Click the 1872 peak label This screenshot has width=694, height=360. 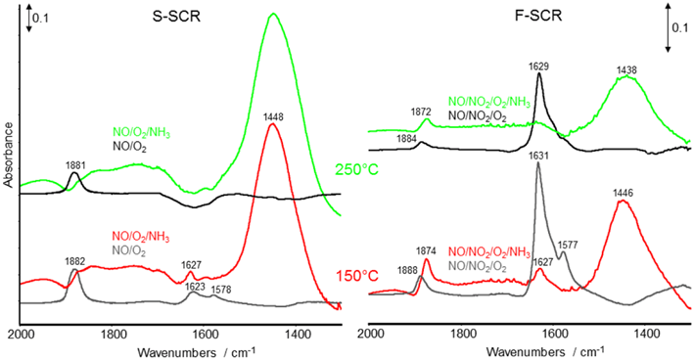click(x=426, y=111)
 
